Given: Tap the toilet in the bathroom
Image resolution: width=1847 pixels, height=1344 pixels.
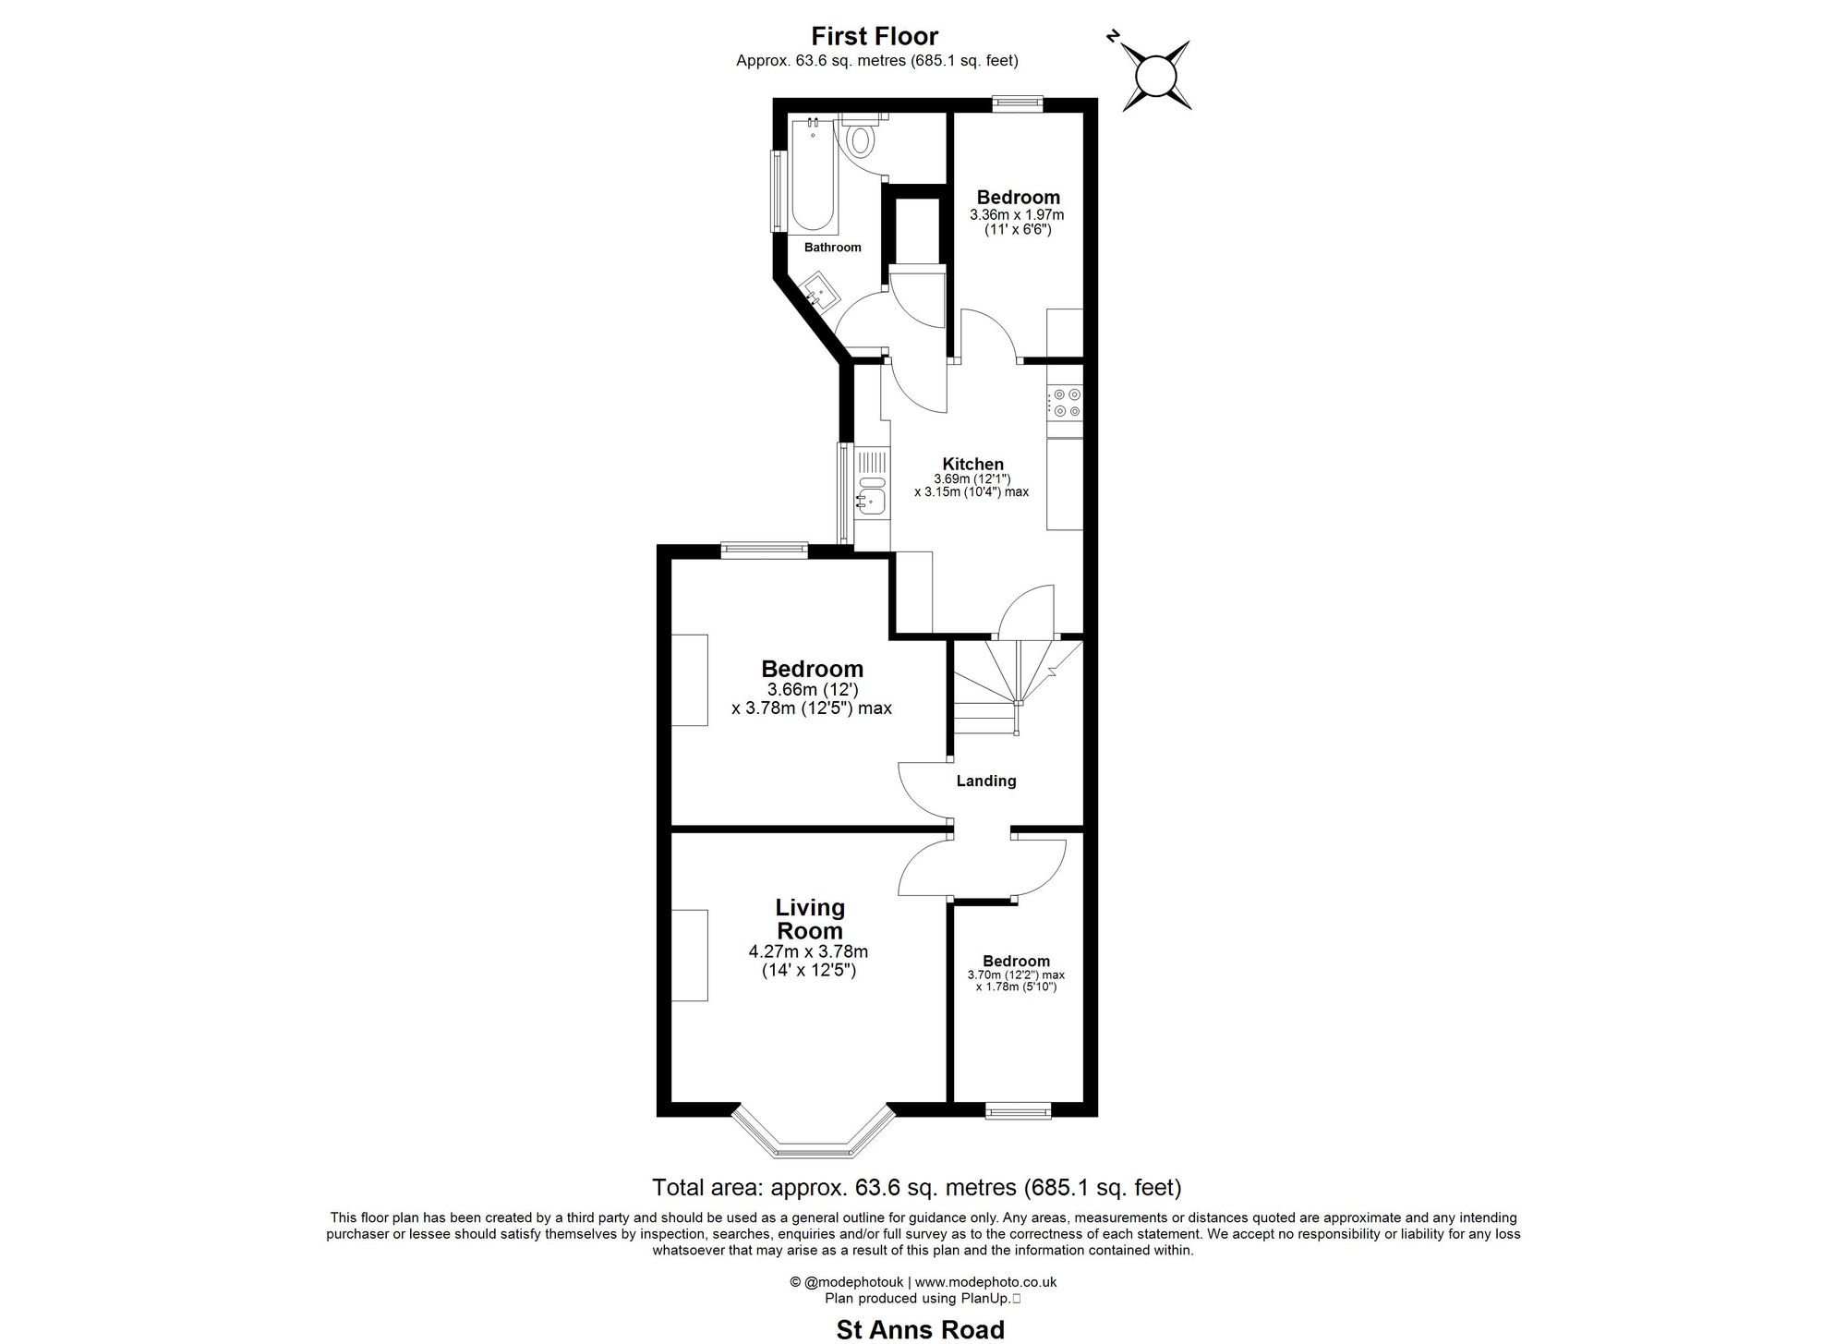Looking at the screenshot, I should click(x=862, y=139).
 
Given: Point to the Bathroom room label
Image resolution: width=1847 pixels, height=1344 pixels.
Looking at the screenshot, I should click(x=832, y=248).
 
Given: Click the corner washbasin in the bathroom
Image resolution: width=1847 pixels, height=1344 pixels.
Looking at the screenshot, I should click(x=818, y=293).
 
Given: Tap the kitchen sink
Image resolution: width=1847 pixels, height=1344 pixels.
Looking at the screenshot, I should click(x=224, y=500).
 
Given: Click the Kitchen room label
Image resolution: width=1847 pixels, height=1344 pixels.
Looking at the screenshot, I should click(x=972, y=464).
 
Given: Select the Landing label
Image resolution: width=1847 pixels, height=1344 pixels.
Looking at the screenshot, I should click(x=985, y=781).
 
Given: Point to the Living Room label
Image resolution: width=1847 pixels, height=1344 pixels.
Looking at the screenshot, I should click(x=810, y=919).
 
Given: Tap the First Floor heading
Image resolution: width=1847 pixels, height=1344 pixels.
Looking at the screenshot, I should click(x=875, y=36).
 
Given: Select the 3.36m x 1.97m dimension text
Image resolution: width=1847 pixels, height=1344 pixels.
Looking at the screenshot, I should click(x=1016, y=214).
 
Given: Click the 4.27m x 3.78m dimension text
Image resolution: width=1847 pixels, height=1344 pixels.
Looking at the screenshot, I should click(x=808, y=951).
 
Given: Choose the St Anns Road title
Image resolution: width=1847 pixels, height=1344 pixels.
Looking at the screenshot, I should click(x=920, y=1329).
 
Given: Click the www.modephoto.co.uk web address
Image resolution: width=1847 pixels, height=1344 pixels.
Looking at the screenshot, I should click(x=985, y=1282).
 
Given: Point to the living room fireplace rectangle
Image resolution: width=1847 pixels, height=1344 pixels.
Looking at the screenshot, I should click(x=689, y=955).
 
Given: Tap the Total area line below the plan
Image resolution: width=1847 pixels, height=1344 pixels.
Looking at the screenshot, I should click(x=916, y=1187).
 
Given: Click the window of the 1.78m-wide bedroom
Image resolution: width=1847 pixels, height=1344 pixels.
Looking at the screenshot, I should click(x=1018, y=1110).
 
